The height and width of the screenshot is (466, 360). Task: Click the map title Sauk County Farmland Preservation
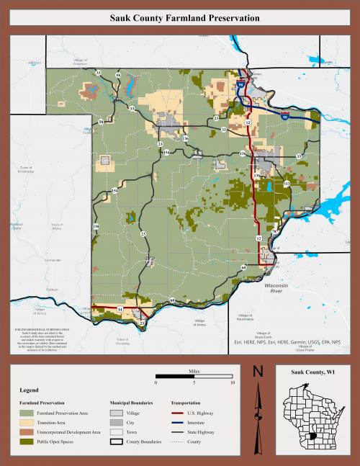click(180, 18)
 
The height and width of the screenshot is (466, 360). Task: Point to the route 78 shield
click(274, 252)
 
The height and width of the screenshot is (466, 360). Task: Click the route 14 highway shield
click(120, 309)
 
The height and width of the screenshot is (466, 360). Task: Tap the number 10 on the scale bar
click(232, 382)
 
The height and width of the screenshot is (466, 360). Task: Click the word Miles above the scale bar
click(194, 369)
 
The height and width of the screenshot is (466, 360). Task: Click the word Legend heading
click(29, 390)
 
